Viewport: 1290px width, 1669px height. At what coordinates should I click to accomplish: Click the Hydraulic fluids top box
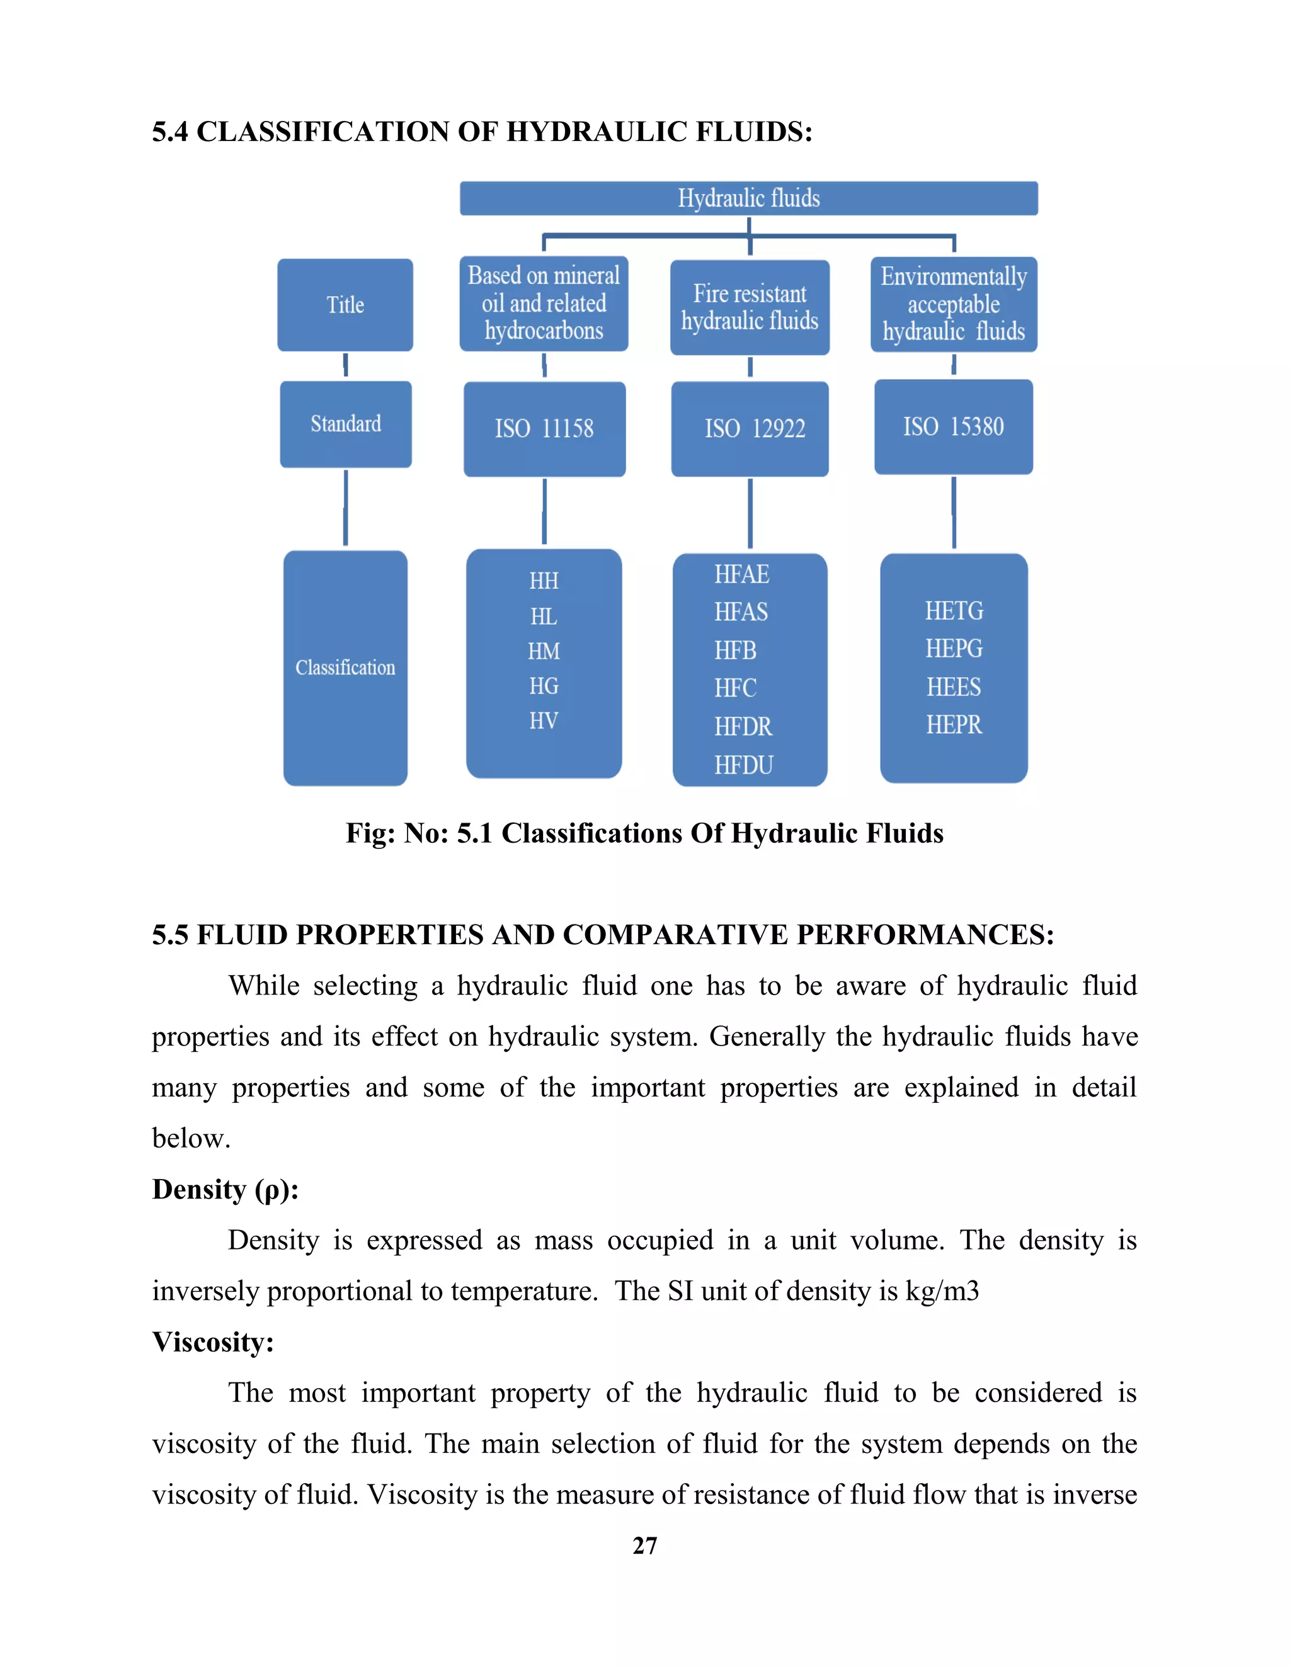click(748, 198)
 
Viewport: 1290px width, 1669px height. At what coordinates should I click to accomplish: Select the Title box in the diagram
click(345, 305)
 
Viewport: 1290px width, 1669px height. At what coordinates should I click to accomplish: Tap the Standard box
click(345, 424)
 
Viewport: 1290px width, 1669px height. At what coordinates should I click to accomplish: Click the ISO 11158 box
click(544, 429)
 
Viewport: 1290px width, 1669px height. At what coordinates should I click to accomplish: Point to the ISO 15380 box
click(953, 426)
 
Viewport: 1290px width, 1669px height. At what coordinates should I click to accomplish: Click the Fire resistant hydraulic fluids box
click(750, 307)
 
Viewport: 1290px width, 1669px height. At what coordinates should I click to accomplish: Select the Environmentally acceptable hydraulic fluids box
click(954, 304)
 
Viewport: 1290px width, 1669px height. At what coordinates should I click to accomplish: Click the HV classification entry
click(544, 721)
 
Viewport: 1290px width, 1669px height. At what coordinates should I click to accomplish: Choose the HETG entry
click(954, 610)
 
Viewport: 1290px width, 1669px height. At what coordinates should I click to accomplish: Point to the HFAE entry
click(741, 574)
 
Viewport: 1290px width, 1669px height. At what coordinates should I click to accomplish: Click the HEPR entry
click(954, 724)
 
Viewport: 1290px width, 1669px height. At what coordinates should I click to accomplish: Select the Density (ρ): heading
click(225, 1190)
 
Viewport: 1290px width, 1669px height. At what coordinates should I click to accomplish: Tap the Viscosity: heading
click(212, 1343)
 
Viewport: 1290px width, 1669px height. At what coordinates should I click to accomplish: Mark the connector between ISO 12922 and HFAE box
click(750, 513)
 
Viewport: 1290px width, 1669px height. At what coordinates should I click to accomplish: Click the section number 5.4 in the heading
click(169, 132)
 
